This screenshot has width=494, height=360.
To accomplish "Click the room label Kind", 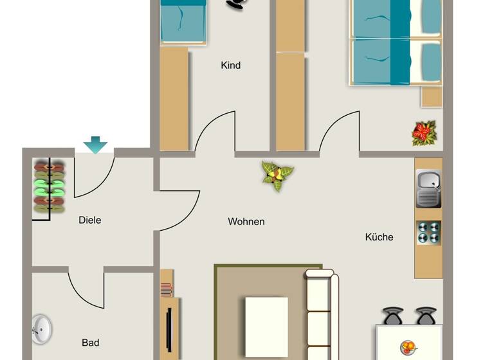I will [230, 65].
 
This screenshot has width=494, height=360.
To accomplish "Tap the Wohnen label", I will [246, 221].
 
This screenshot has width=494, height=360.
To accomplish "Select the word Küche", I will [379, 237].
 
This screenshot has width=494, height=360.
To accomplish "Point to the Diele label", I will [89, 220].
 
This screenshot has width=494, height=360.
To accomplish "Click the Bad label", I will [90, 343].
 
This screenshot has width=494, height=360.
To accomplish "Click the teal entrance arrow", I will [95, 145].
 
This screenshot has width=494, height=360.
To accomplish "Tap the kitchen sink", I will [428, 188].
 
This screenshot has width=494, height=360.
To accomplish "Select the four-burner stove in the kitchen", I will [428, 232].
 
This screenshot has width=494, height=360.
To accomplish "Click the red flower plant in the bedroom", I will [424, 133].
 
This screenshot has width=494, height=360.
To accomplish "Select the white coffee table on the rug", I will [266, 326].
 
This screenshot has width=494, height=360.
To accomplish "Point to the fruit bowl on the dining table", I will [408, 348].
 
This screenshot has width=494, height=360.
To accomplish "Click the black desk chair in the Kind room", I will [235, 4].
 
